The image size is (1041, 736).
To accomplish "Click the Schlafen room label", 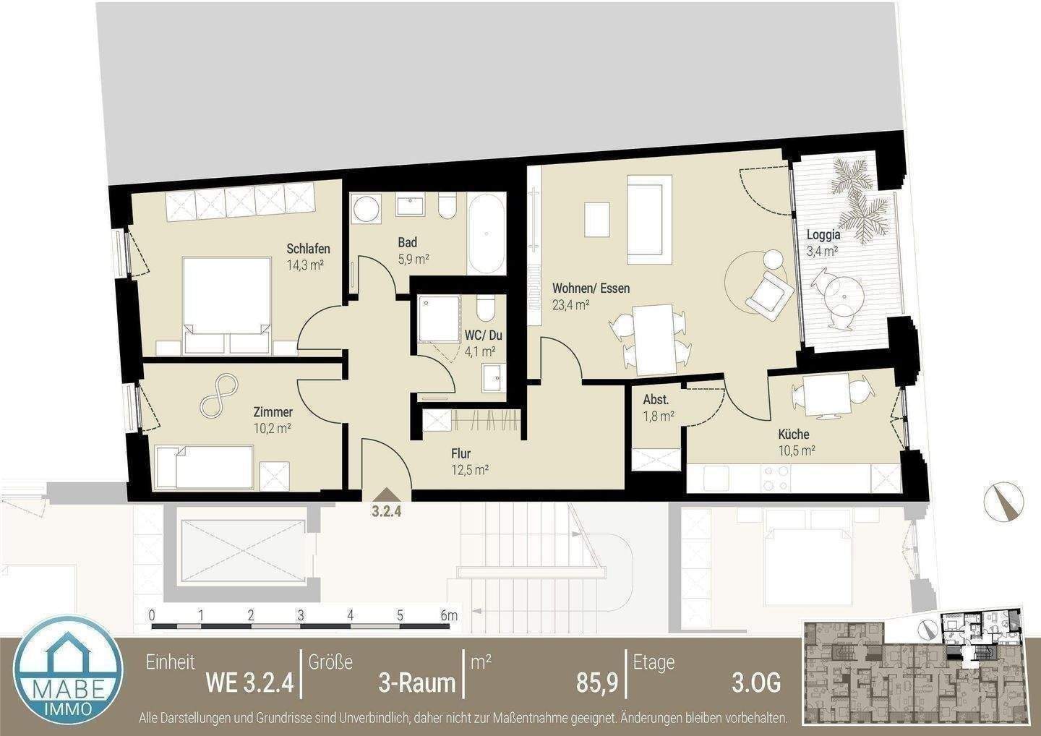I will pyautogui.click(x=308, y=249).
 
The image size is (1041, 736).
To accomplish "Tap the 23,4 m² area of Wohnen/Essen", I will pyautogui.click(x=570, y=304).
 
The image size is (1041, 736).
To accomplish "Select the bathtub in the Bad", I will pyautogui.click(x=486, y=233).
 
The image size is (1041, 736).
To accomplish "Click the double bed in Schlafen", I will pyautogui.click(x=226, y=304).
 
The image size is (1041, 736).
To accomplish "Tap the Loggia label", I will pyautogui.click(x=823, y=235).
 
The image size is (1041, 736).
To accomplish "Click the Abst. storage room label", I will pyautogui.click(x=656, y=400).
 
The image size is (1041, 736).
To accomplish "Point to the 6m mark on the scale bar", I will pyautogui.click(x=449, y=616).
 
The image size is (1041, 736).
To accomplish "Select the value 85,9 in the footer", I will pyautogui.click(x=596, y=682).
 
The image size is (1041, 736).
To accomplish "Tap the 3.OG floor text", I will pyautogui.click(x=755, y=682).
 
